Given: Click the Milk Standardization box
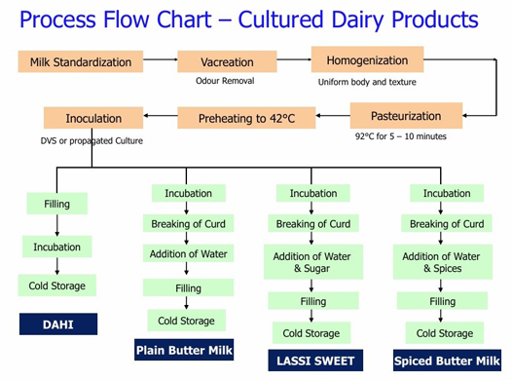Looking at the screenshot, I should click(81, 62).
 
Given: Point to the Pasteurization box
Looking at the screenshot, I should click(406, 116).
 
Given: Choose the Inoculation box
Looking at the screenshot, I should click(93, 119).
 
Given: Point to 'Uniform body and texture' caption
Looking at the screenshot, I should click(367, 82).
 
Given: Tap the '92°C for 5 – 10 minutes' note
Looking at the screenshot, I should click(401, 136).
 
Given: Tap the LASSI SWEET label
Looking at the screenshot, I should click(313, 361).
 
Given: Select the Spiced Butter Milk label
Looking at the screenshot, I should click(447, 361).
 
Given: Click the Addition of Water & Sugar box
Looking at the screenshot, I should click(313, 262).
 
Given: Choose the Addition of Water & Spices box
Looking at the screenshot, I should click(447, 262).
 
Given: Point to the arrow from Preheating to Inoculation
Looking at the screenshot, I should click(161, 119).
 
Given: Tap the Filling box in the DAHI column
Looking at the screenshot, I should click(56, 205).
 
